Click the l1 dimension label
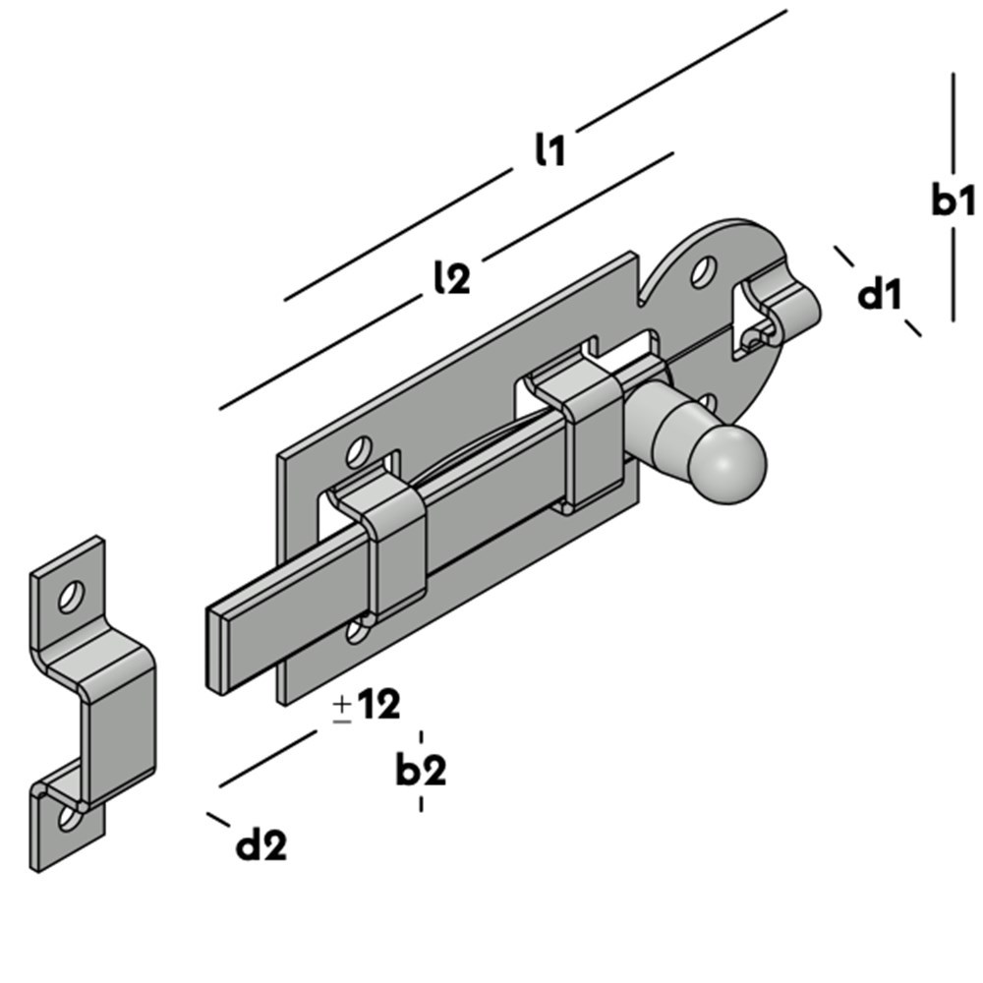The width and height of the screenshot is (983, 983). (x=549, y=149)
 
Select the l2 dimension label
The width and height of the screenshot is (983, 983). (x=451, y=278)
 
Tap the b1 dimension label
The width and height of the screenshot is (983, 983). (x=953, y=201)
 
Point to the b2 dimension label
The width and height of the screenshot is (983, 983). (x=421, y=771)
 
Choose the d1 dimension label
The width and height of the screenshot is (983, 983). (x=879, y=293)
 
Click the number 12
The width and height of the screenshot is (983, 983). (x=378, y=705)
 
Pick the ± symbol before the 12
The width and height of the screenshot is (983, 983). (x=342, y=708)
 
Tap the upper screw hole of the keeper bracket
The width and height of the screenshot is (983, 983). (x=71, y=595)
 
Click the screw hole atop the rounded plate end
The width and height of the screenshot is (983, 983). (x=702, y=272)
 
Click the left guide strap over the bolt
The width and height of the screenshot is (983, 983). (x=393, y=550)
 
